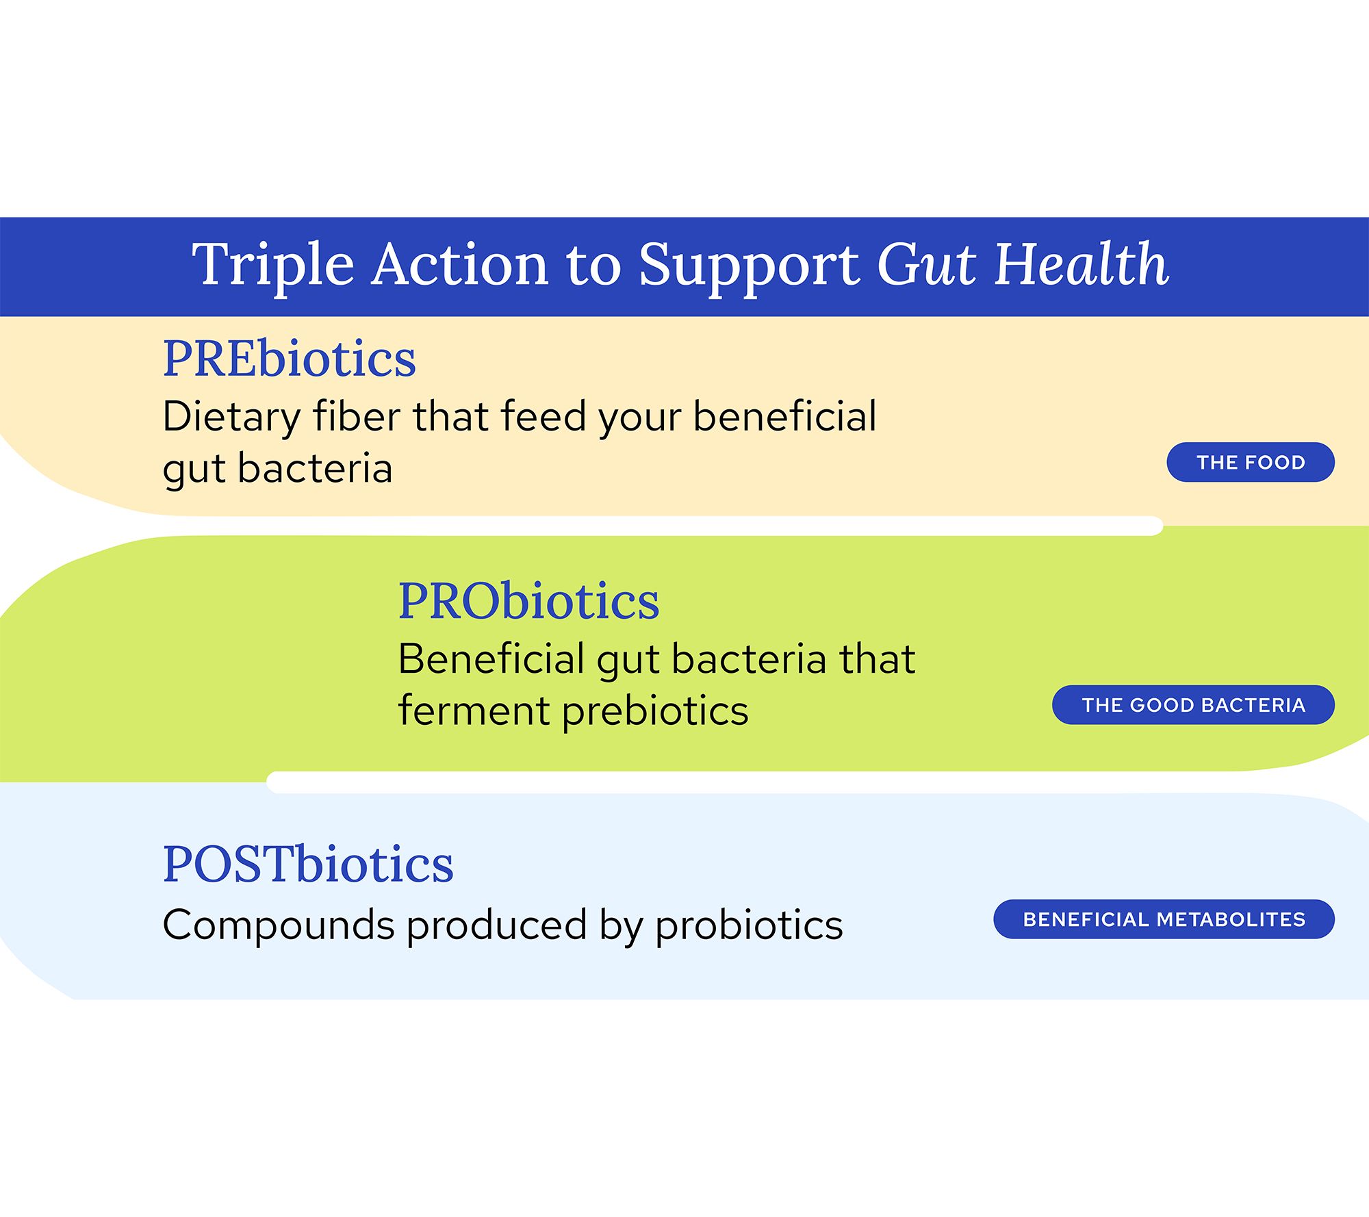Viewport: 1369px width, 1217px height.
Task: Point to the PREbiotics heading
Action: coord(290,358)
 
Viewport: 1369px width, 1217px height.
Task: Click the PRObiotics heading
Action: coord(529,601)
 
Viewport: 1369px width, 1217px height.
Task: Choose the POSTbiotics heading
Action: coord(308,864)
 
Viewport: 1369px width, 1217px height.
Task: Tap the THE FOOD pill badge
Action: coord(1251,462)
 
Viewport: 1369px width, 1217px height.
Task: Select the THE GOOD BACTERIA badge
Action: coord(1193,704)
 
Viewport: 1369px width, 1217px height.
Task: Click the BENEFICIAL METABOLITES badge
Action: coord(1164,919)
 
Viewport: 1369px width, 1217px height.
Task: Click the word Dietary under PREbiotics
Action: coord(231,418)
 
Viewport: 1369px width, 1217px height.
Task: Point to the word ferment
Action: coord(474,711)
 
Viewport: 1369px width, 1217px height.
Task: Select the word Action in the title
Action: coord(460,264)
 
